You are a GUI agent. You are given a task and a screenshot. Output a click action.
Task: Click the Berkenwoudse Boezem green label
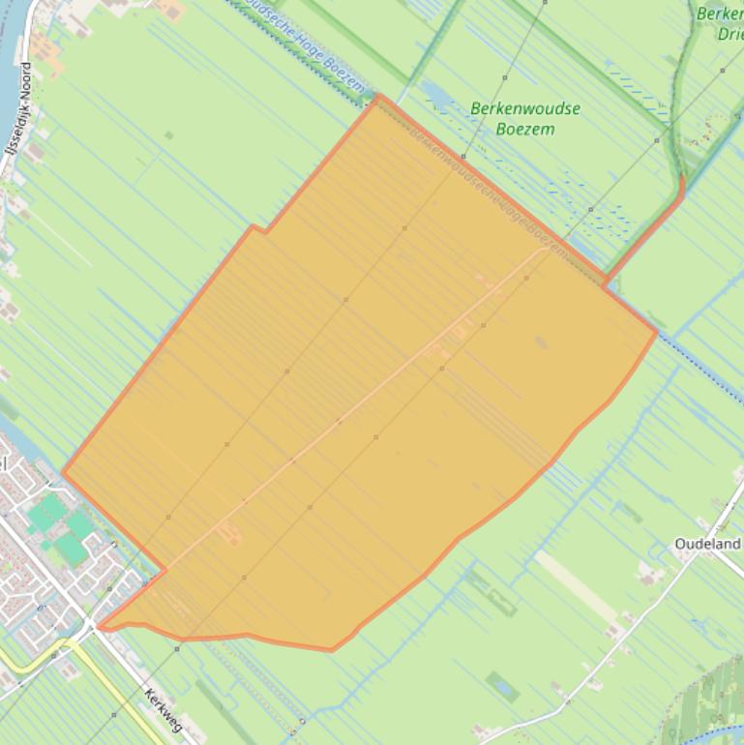point(525,117)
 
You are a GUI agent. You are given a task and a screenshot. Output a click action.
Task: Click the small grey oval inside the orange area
point(540,342)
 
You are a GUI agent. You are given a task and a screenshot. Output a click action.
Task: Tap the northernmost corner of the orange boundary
point(377,96)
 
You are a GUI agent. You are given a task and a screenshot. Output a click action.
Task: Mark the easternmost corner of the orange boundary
point(657,331)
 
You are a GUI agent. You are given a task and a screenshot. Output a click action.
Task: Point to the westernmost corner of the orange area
point(63,473)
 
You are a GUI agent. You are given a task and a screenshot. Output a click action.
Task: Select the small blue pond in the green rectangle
point(502,687)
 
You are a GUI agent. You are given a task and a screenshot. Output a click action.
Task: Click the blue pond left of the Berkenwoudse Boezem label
point(432,93)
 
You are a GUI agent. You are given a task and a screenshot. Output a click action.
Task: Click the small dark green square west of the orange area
point(168,135)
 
